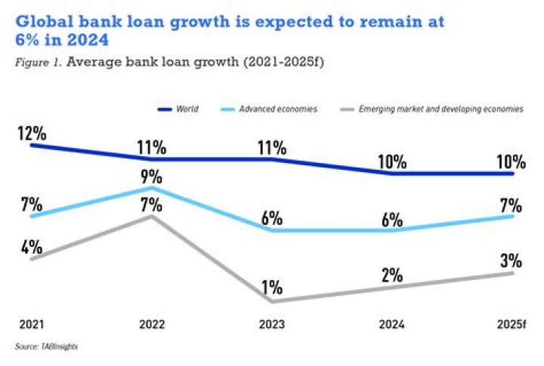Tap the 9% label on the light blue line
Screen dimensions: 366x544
[151, 177]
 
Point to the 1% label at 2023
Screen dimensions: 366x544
[272, 288]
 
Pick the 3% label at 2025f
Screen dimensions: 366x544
[512, 262]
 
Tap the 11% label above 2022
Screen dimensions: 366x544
[151, 147]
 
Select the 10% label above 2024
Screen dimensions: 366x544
[393, 161]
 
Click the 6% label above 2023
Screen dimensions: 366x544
[272, 219]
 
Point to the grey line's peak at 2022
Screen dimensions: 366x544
[151, 217]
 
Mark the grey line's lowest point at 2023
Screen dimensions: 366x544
[272, 301]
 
